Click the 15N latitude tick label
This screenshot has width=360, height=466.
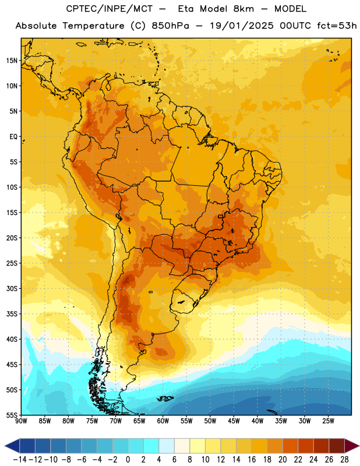12,61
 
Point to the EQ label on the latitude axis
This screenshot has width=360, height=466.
13,137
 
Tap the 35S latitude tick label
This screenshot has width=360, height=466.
12,314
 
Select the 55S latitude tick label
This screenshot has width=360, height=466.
12,415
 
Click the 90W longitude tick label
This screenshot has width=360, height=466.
21,421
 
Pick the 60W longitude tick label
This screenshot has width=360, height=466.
163,421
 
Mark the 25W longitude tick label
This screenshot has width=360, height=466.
328,421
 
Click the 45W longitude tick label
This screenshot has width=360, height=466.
234,421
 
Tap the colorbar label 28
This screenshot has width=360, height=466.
344,460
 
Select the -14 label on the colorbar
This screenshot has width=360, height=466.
20,460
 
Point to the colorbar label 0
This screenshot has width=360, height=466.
128,460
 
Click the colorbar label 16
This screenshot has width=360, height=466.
252,460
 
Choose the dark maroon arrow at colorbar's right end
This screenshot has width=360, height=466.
352,446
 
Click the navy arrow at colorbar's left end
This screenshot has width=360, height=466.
12,446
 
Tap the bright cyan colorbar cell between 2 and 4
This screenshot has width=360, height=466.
151,446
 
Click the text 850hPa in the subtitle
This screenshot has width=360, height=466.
170,26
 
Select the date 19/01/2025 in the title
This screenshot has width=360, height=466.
241,26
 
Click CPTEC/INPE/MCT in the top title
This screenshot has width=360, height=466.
110,9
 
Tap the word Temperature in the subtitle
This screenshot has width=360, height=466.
93,26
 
